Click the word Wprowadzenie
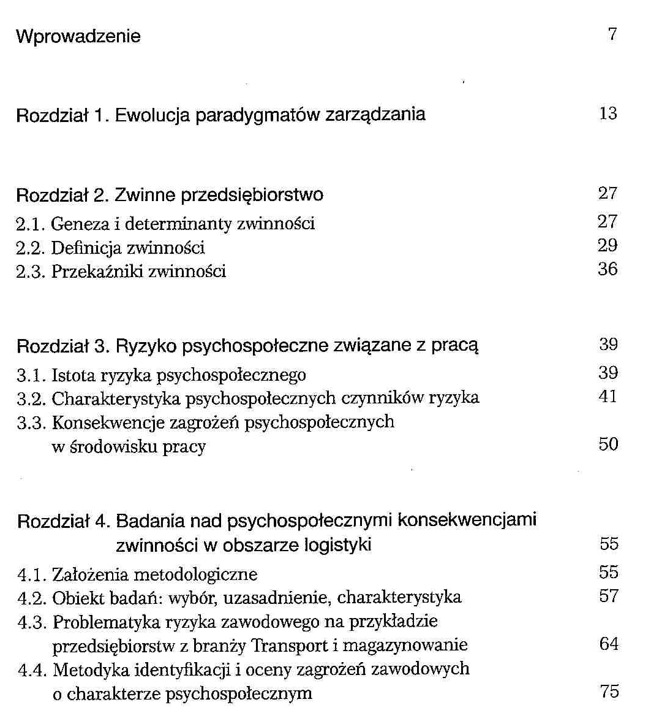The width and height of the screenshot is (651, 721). click(78, 37)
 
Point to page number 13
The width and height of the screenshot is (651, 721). click(608, 113)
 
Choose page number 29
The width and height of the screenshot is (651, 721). click(608, 246)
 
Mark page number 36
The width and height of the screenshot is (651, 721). click(608, 270)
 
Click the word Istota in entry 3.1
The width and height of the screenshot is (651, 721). click(69, 375)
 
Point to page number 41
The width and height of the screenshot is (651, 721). click(608, 397)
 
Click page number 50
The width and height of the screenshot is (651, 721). click(608, 444)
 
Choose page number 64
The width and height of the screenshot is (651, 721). click(608, 644)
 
